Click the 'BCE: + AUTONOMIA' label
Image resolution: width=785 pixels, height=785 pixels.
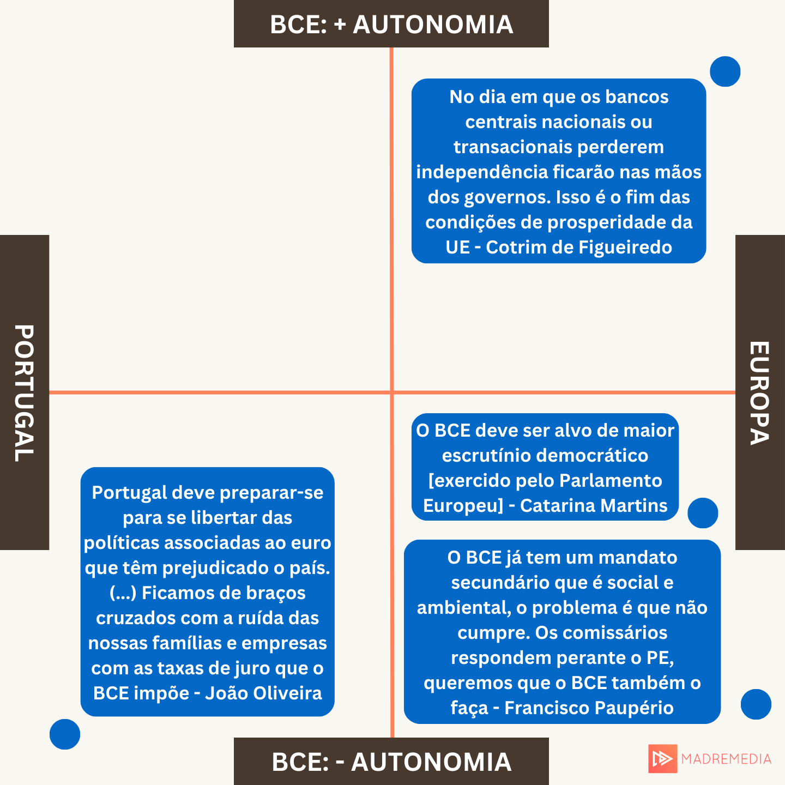click(391, 25)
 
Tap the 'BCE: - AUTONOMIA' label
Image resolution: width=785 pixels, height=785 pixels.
click(391, 762)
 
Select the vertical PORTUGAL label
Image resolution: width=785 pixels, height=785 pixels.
click(24, 392)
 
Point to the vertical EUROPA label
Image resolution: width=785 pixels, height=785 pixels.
click(759, 392)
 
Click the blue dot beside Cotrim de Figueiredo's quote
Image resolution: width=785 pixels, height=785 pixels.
click(725, 71)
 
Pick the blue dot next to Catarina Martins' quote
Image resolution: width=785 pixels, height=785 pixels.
click(703, 513)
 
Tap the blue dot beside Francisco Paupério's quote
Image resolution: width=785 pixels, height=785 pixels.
click(756, 704)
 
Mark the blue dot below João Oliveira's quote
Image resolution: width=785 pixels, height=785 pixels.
click(65, 734)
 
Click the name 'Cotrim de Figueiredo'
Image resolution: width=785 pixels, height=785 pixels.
click(578, 247)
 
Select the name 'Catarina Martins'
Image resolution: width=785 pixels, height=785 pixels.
click(594, 505)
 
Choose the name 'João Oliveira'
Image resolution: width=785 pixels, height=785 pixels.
click(263, 693)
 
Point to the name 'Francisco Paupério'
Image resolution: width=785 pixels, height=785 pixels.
click(589, 708)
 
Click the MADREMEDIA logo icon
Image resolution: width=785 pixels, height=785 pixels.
click(663, 758)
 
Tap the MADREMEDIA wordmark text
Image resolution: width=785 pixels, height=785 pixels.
click(726, 759)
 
